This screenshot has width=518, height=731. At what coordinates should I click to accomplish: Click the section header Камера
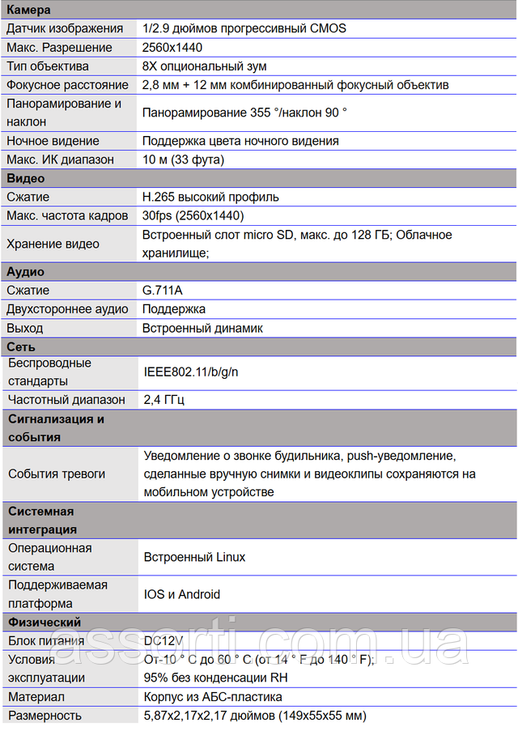[x=28, y=10]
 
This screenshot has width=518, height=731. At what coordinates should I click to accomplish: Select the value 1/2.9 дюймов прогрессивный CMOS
[x=244, y=28]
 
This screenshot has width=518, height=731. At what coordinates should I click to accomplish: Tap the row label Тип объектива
[x=48, y=66]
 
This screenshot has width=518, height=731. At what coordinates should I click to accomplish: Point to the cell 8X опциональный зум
[x=204, y=66]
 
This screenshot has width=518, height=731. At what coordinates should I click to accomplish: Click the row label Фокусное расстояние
[x=67, y=85]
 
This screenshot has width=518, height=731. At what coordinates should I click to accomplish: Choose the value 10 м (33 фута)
[x=183, y=159]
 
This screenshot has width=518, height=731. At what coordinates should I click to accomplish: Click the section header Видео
[x=26, y=178]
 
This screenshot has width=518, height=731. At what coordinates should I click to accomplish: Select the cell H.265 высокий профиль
[x=210, y=197]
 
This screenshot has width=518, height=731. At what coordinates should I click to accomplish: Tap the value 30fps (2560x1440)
[x=193, y=215]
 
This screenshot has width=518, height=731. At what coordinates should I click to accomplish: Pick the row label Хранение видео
[x=53, y=244]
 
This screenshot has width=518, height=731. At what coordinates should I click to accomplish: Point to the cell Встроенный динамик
[x=202, y=328]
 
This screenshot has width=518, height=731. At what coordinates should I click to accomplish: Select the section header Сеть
[x=21, y=346]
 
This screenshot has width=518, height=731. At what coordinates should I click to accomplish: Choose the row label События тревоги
[x=57, y=474]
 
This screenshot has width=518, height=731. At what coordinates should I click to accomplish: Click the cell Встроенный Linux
[x=194, y=557]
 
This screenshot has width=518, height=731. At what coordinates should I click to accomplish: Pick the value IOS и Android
[x=182, y=594]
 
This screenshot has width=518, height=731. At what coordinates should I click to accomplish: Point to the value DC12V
[x=163, y=640]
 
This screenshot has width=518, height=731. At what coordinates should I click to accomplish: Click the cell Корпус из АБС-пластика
[x=213, y=696]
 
